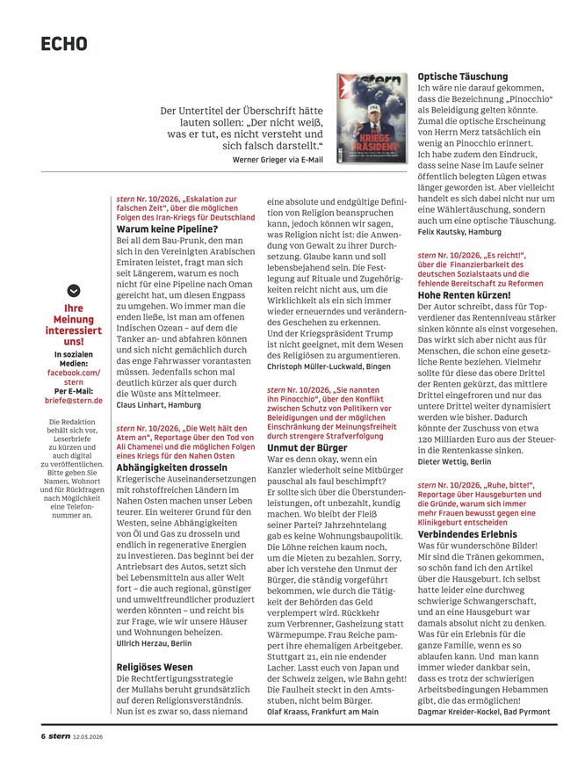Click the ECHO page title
click(64, 44)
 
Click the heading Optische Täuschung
click(462, 76)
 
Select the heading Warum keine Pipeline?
click(167, 228)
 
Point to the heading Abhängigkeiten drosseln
click(179, 469)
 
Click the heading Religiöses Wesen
click(156, 667)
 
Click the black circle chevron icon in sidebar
click(74, 292)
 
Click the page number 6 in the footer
click(42, 736)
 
